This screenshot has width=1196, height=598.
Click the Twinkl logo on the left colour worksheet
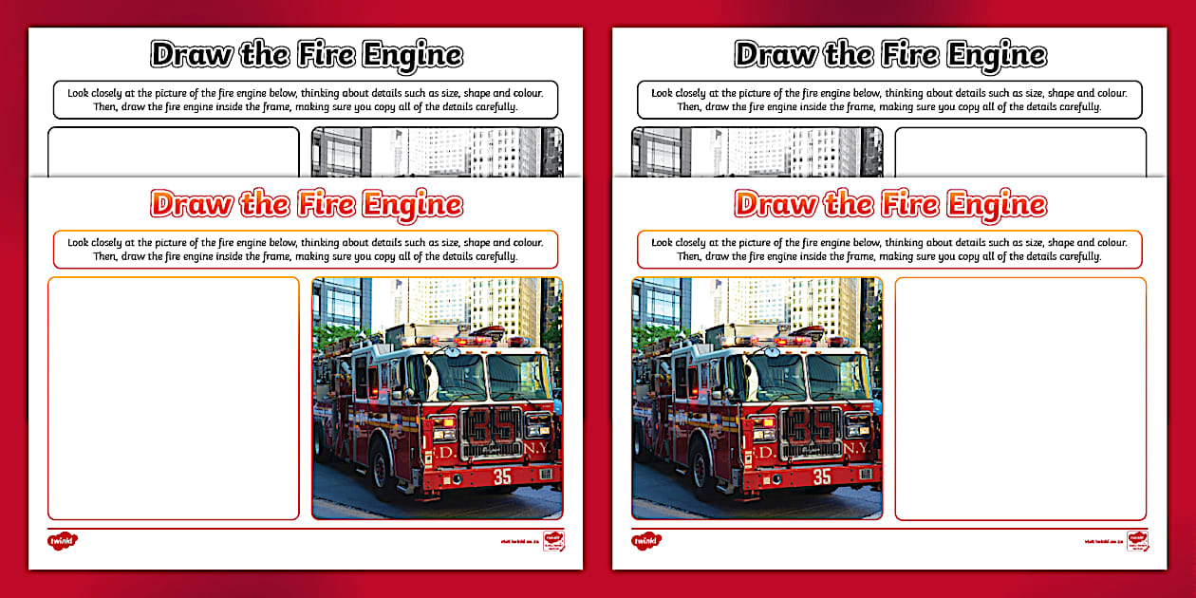point(62,540)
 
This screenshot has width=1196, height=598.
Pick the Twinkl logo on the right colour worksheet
point(645,540)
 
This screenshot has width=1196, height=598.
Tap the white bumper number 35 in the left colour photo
point(501,477)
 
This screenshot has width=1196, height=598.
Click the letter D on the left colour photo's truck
point(443,453)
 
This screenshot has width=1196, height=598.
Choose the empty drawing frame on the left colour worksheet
point(174,399)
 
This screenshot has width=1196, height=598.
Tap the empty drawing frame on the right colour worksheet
point(1020,399)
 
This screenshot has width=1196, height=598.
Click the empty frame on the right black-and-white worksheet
point(1020,153)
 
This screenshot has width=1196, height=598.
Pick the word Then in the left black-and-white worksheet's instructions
point(104,107)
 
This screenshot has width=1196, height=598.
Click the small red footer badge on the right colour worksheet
point(1135,540)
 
